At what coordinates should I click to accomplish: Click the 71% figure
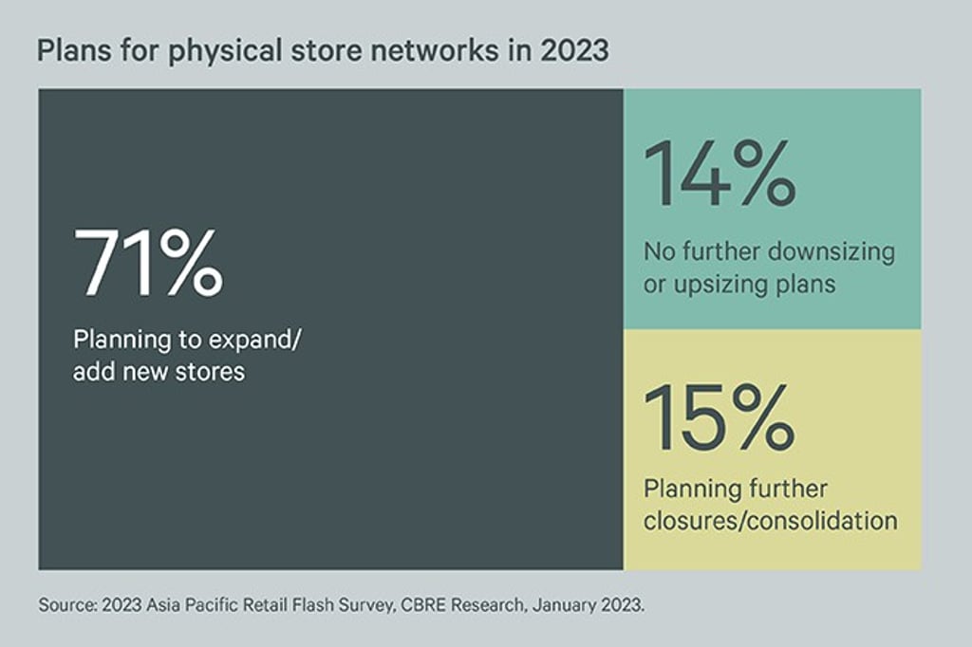(x=148, y=262)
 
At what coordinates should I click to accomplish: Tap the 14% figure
(x=720, y=173)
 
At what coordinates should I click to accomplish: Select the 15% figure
(x=720, y=416)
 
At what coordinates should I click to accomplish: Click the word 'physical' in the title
(x=225, y=51)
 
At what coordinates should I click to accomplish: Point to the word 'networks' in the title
(x=435, y=50)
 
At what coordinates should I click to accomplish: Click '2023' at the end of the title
(x=574, y=50)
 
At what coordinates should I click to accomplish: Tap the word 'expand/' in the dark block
(x=254, y=341)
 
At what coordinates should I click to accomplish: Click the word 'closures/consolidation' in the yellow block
(x=771, y=521)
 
